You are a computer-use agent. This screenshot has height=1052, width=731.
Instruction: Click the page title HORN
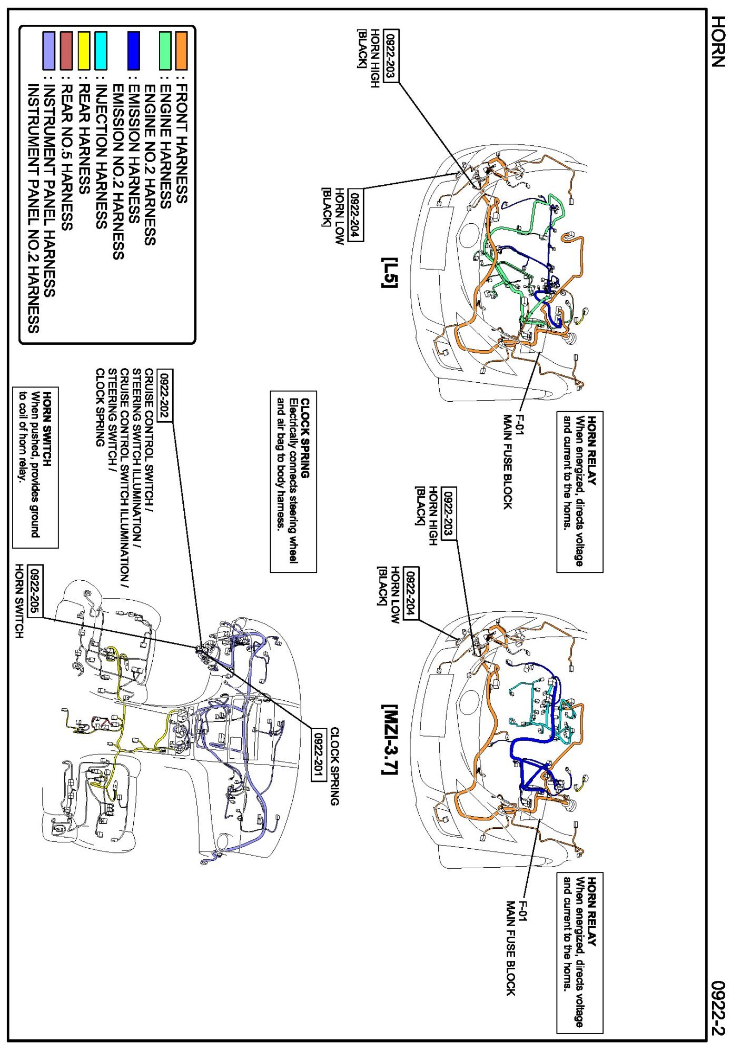718,41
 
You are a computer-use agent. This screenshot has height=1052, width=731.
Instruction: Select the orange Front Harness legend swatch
181,51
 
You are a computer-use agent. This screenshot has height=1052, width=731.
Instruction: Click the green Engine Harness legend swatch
165,51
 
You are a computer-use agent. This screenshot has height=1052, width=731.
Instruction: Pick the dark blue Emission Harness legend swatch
134,51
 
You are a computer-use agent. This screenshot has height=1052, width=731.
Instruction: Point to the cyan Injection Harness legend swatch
101,51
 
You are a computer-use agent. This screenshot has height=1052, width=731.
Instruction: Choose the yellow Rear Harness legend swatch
84,51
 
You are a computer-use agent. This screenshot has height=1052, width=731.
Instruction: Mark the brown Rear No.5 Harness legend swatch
66,51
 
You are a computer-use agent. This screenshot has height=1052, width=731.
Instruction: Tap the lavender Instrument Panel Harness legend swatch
48,51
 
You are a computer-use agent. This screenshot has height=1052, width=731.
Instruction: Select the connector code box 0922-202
164,395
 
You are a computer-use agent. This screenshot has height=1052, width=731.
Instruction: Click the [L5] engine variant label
390,273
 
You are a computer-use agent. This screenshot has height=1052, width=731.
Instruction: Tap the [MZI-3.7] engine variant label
390,740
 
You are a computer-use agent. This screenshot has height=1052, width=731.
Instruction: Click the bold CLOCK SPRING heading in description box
305,438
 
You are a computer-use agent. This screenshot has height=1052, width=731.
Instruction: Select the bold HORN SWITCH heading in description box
47,429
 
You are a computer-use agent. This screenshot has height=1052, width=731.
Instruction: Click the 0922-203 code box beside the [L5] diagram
391,56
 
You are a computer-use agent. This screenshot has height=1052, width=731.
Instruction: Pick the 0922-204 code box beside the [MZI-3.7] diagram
411,593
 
